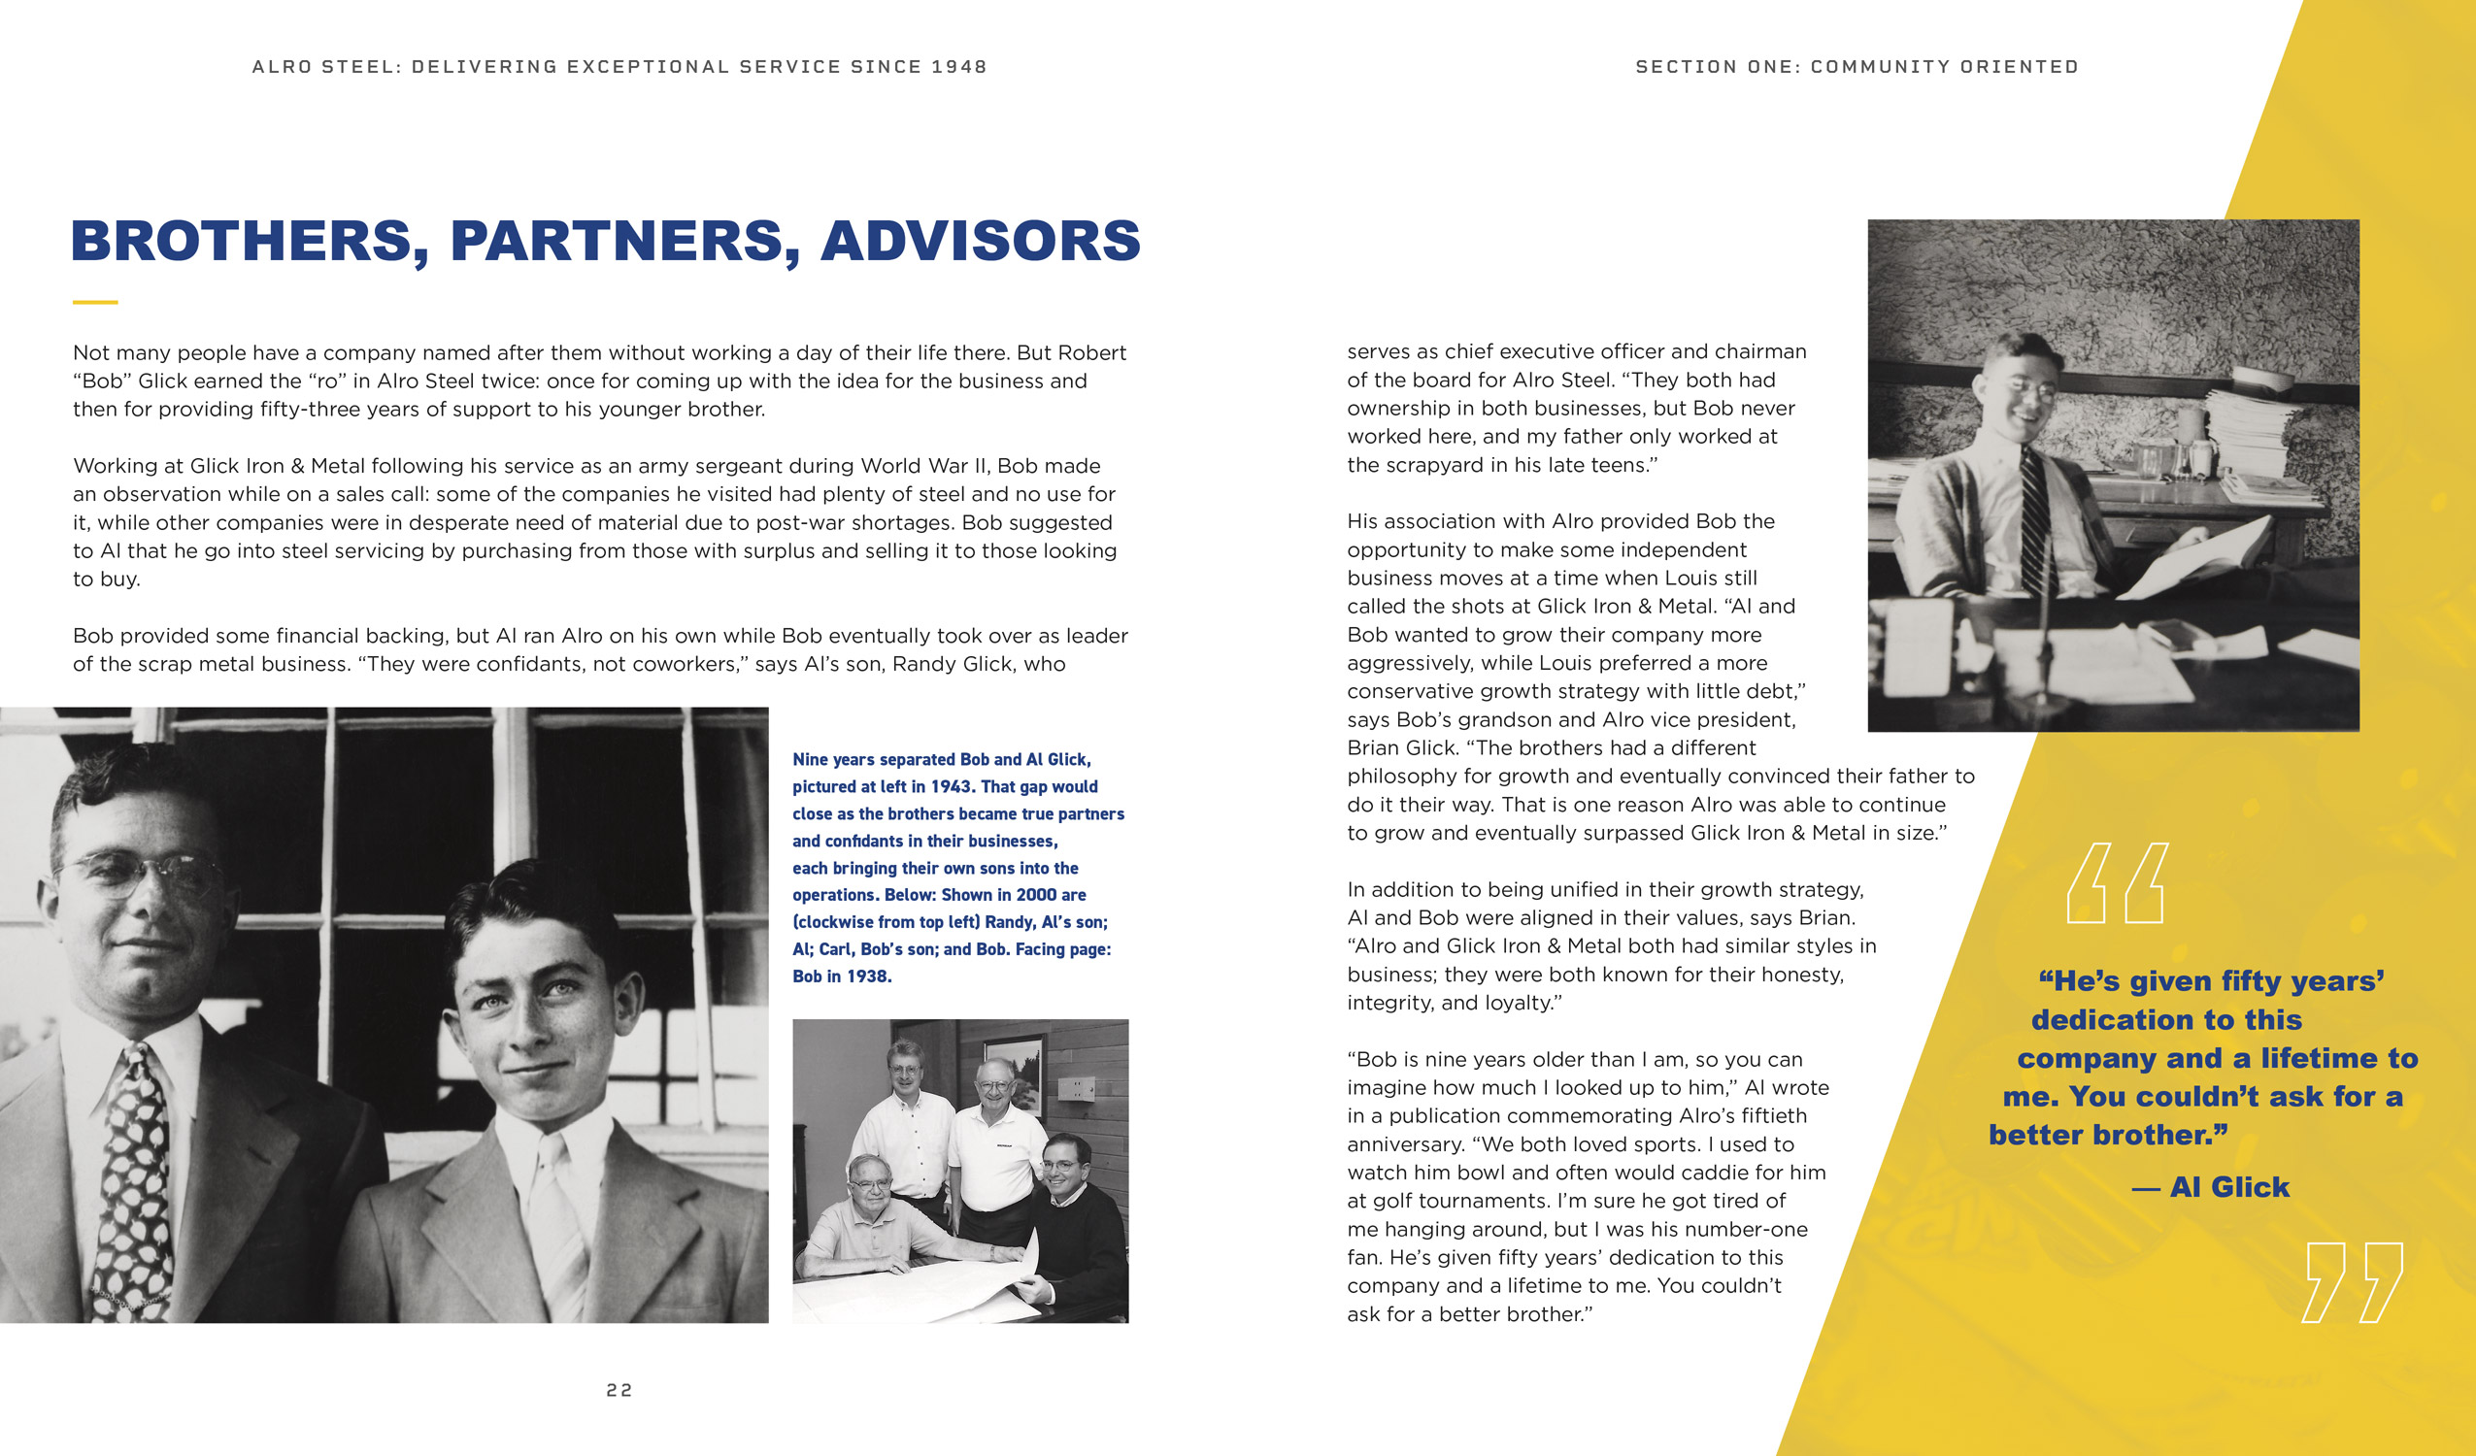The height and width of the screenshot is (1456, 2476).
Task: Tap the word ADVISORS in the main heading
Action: click(x=980, y=242)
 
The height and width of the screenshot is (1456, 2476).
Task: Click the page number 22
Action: click(x=619, y=1390)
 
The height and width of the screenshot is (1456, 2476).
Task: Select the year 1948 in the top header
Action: click(x=959, y=67)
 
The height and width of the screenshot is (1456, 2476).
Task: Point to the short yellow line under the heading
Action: click(x=95, y=303)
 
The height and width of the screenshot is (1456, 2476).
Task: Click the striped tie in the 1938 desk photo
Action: click(x=2034, y=520)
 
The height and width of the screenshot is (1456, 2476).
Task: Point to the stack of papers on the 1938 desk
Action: click(x=2250, y=432)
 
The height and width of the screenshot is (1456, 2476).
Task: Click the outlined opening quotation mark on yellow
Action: click(x=2115, y=883)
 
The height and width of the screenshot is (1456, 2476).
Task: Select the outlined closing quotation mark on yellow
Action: click(x=2352, y=1282)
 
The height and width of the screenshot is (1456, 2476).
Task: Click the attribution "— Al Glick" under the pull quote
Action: click(x=2211, y=1188)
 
